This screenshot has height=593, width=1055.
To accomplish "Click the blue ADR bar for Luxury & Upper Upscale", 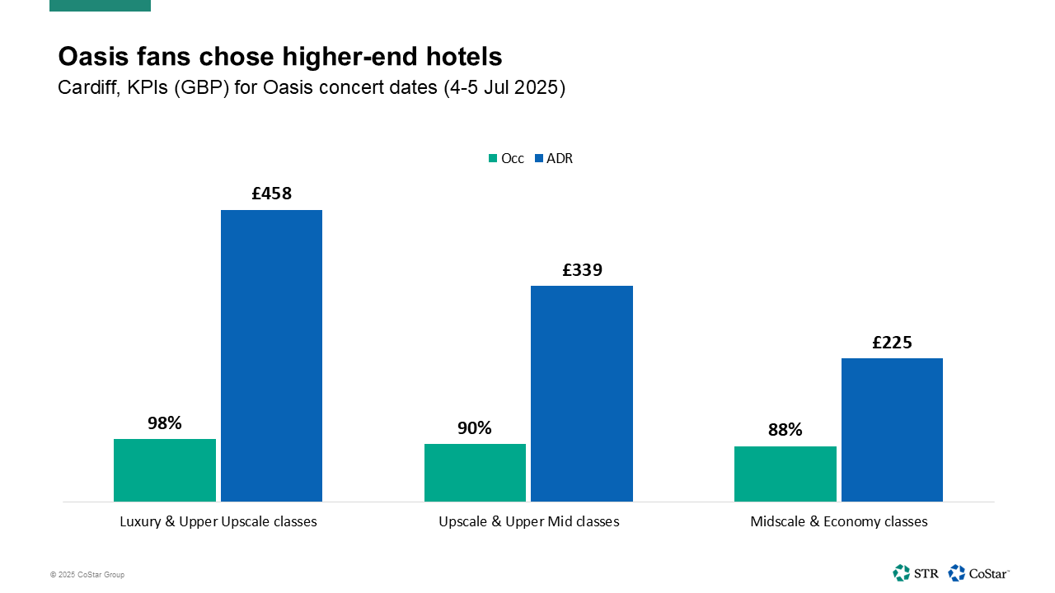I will [271, 356].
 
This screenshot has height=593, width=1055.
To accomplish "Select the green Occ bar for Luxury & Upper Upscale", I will [165, 469].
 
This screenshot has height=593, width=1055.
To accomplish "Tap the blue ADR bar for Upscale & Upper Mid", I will [582, 394].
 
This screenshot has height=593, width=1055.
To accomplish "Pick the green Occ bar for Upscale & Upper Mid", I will [475, 472].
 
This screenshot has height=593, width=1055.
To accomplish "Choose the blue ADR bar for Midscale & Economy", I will [892, 429].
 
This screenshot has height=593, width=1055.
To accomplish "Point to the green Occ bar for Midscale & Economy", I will [785, 474].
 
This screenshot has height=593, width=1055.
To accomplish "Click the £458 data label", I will [272, 194].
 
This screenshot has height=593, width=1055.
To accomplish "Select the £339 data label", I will [582, 270].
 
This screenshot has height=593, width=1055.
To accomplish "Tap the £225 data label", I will [892, 343].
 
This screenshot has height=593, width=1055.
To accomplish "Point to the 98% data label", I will [165, 423].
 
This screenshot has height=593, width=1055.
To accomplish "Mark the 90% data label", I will [475, 428].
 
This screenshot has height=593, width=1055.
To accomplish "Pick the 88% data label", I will [785, 430].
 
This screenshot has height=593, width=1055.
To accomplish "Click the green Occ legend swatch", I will [493, 159].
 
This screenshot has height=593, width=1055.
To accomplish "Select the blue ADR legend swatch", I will [539, 159].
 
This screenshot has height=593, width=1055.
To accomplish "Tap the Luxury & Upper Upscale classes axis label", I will [218, 521].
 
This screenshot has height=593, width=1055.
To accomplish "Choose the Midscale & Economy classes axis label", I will [838, 521].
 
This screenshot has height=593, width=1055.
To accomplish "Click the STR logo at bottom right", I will [915, 572].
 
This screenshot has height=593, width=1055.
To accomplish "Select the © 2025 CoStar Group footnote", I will [87, 575].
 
